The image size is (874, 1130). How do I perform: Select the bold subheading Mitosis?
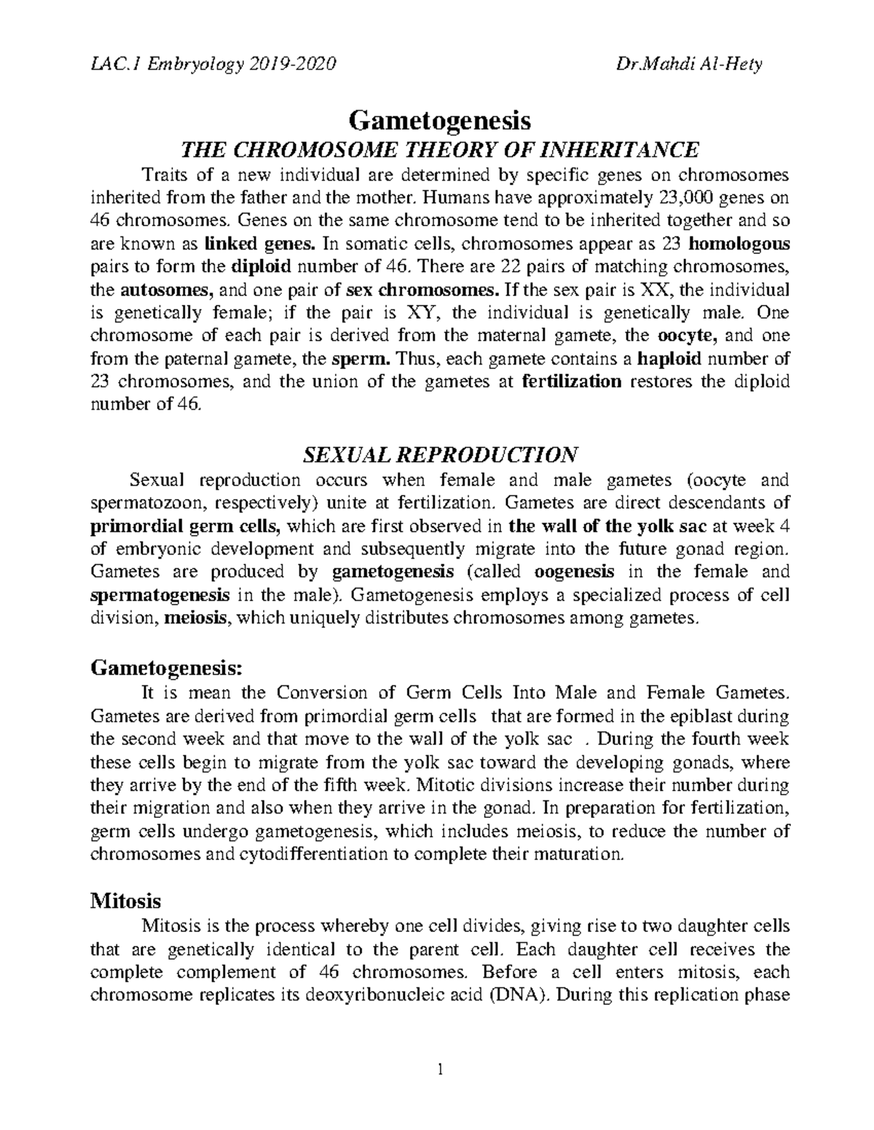point(125,902)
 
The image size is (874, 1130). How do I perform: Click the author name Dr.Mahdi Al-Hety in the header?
point(689,65)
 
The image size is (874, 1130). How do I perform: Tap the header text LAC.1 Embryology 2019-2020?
point(213,65)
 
